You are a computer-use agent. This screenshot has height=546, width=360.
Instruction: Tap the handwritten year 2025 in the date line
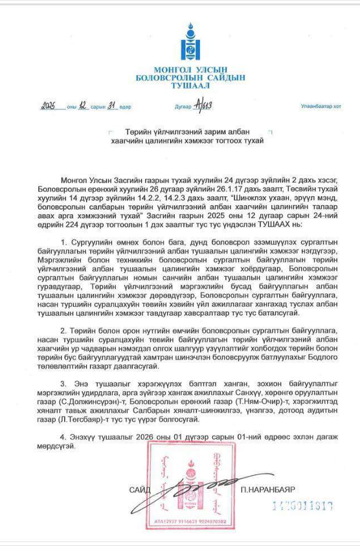click(52, 106)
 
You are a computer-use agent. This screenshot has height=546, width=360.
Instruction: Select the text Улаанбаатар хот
click(320, 106)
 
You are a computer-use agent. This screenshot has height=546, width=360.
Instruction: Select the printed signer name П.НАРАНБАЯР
click(280, 490)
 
